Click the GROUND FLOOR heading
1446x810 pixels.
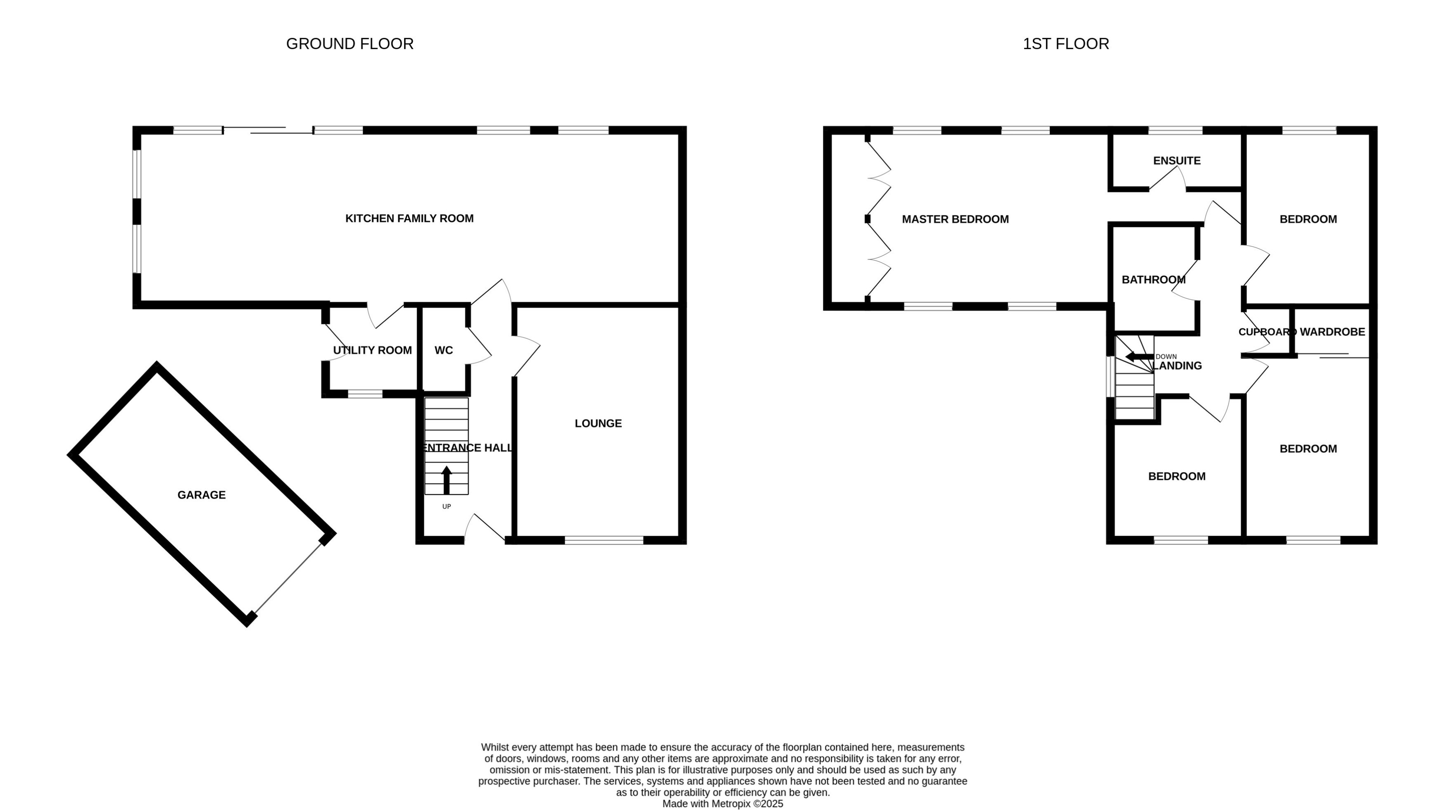(x=350, y=44)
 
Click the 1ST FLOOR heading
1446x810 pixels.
(x=1065, y=44)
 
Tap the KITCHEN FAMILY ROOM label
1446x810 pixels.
(x=409, y=219)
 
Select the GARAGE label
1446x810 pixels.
(x=202, y=494)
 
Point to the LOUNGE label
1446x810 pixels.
(x=598, y=423)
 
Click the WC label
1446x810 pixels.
(x=443, y=350)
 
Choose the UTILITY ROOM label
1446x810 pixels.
(x=372, y=350)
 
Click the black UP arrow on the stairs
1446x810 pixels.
(x=446, y=480)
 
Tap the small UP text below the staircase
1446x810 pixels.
(x=446, y=506)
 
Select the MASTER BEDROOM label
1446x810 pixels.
(x=955, y=219)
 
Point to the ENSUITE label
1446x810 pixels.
(x=1177, y=161)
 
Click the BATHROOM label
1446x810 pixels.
(x=1153, y=280)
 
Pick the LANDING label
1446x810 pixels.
(x=1177, y=366)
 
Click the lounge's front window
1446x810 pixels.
(x=604, y=540)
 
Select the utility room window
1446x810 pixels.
(x=365, y=394)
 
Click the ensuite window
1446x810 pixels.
(x=1175, y=130)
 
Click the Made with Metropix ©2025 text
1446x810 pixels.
(x=723, y=804)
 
